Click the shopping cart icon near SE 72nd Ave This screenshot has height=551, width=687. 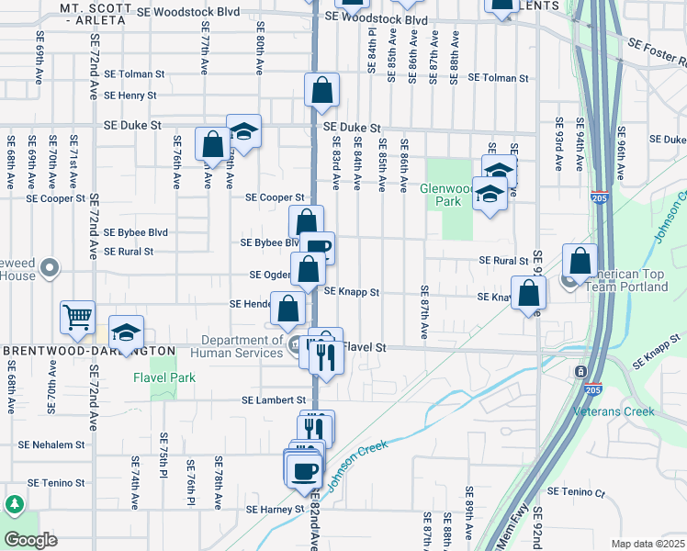78,317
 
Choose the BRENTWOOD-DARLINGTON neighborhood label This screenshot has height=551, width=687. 89,351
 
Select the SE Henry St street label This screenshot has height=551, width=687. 130,95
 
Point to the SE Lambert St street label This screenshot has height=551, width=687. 274,400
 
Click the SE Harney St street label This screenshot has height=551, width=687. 274,509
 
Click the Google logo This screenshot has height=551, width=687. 30,539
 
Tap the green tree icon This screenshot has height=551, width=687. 14,504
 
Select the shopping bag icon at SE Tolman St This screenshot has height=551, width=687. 321,91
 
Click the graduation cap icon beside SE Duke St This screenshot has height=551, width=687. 243,132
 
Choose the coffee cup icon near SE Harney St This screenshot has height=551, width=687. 303,470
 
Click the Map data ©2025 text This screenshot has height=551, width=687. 648,544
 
